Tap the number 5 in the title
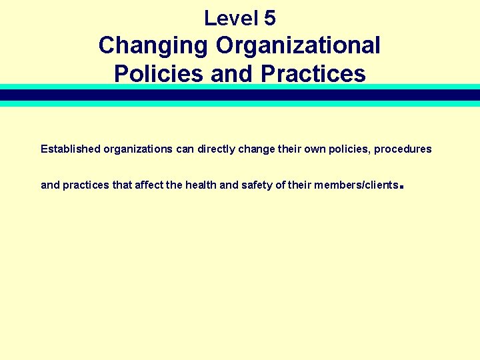[x=269, y=18]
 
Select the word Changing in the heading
[x=153, y=46]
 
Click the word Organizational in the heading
[x=298, y=46]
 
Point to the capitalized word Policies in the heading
[x=159, y=73]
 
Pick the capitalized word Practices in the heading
[x=313, y=73]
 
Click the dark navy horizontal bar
[x=240, y=95]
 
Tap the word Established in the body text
[x=70, y=149]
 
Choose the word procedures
[x=403, y=149]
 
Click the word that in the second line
[x=122, y=185]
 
